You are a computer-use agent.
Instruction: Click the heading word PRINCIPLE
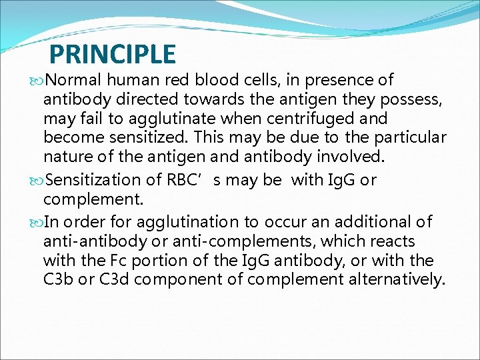pyautogui.click(x=113, y=54)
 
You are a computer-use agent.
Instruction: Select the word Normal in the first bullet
pyautogui.click(x=73, y=81)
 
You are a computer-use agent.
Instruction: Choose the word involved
pyautogui.click(x=326, y=157)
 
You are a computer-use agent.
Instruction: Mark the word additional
pyautogui.click(x=374, y=221)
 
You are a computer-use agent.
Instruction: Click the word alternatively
pyautogui.click(x=396, y=279)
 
